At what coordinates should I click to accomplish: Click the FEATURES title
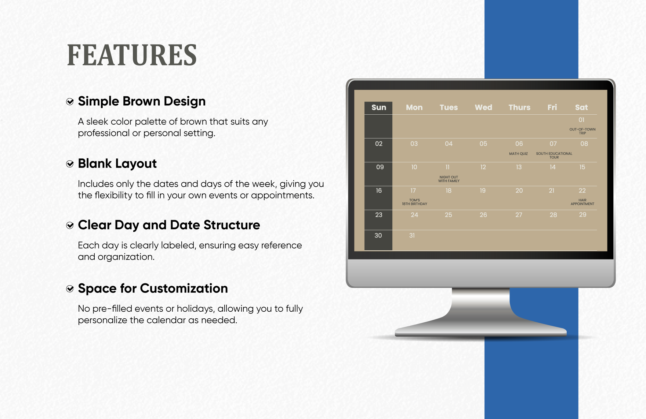132,55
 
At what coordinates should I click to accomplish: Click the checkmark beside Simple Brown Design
70,102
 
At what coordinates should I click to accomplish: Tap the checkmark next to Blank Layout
70,164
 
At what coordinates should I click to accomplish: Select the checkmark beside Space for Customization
70,289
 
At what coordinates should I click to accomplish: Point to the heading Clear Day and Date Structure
169,225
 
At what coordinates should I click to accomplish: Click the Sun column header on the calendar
379,107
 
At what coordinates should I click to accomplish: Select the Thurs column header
519,107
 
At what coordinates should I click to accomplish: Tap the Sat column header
581,107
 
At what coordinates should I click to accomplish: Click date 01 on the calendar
581,120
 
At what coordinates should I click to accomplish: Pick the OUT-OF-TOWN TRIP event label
583,131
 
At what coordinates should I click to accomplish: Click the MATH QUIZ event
518,154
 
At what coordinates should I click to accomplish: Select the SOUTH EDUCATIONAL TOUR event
554,155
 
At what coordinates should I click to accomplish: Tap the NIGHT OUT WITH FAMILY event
449,179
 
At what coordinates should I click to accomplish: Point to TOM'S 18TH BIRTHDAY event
414,202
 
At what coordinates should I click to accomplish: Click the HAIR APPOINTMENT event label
583,202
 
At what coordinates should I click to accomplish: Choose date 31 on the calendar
412,236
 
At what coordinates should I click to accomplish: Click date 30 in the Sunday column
378,236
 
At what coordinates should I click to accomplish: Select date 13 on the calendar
519,167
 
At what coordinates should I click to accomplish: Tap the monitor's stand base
481,331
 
